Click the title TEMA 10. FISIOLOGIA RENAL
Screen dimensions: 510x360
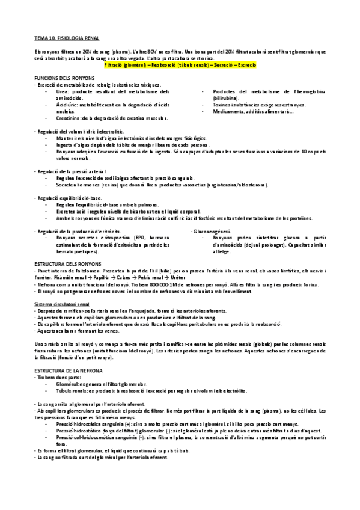pos(61,38)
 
